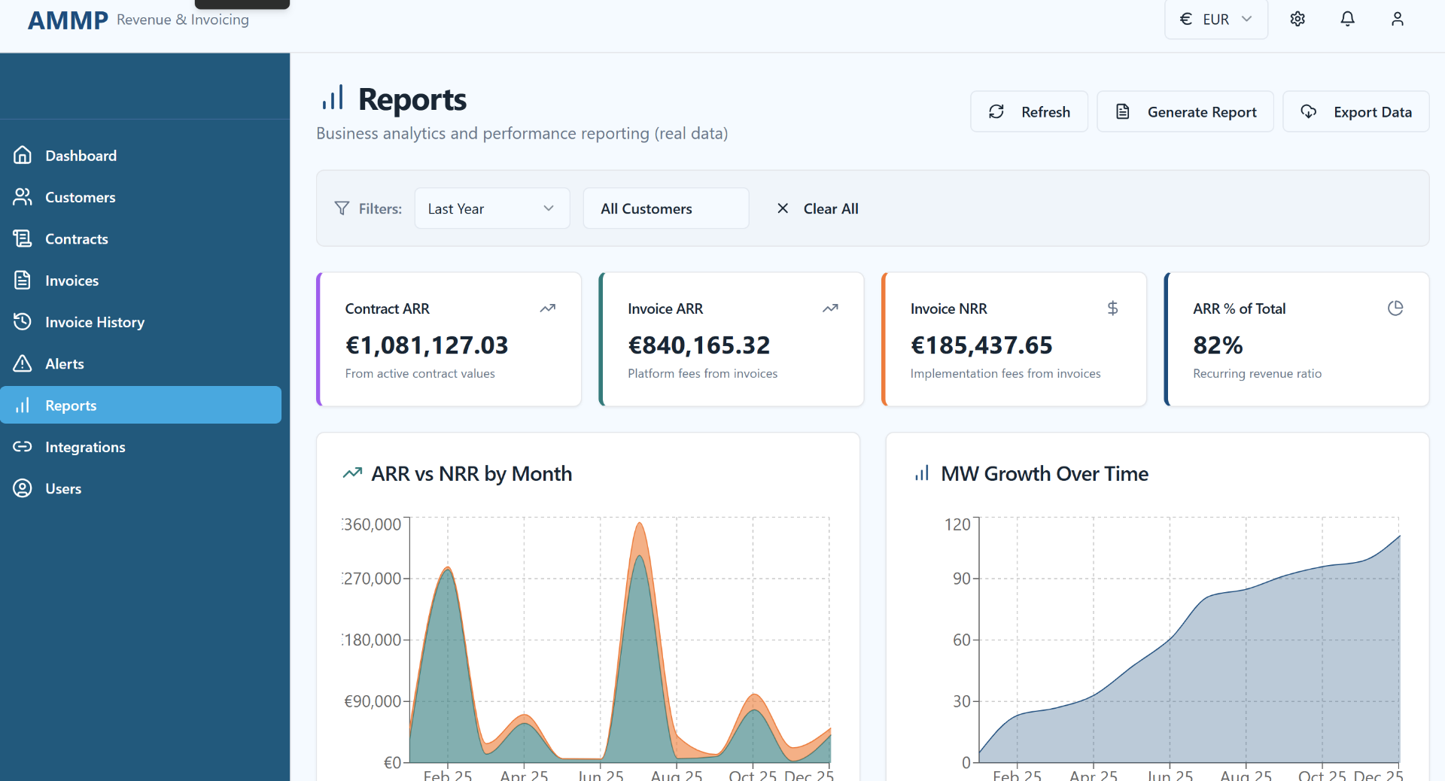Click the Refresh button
1029,112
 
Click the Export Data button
1355,112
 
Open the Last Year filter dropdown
491,208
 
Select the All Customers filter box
665,208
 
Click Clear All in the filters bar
817,208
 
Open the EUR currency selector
1215,20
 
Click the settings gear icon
1297,20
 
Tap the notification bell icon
1347,20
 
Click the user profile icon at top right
1397,20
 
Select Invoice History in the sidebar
94,322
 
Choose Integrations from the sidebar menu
85,447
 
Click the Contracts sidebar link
76,239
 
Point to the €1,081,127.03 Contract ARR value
427,345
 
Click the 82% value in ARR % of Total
1218,345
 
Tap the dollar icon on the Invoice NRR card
1112,308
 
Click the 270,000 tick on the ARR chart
373,579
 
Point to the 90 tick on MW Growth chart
962,579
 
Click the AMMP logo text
68,20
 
